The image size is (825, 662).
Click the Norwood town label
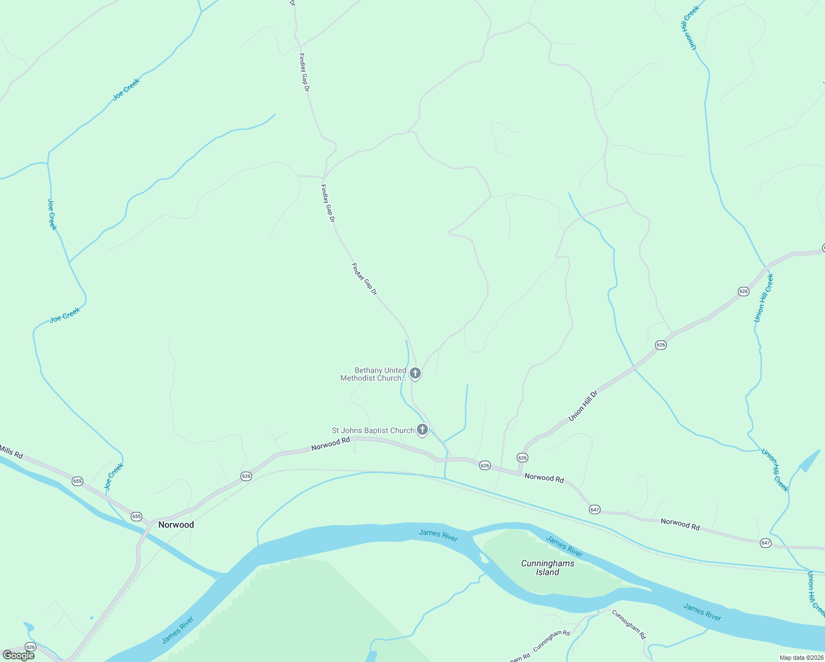(x=176, y=525)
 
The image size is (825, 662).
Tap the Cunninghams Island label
(x=548, y=568)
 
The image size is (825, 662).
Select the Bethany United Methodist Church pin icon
(x=415, y=373)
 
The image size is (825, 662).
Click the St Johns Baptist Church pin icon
(x=422, y=429)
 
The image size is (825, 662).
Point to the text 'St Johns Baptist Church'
(x=373, y=430)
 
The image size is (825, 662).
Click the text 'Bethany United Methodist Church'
(x=373, y=374)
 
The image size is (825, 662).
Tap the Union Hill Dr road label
(x=583, y=406)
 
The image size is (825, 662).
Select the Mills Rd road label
(x=11, y=452)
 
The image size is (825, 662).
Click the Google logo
(x=19, y=655)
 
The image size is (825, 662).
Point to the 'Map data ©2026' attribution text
(x=801, y=658)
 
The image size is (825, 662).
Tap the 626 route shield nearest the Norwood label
(x=246, y=476)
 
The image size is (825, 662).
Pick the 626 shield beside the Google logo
(x=30, y=647)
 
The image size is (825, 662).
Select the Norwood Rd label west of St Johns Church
(x=330, y=444)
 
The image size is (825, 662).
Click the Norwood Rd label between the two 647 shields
(x=680, y=524)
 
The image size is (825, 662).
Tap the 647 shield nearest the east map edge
(x=765, y=543)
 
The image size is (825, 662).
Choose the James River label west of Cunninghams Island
(x=438, y=535)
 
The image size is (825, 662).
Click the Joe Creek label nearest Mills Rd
(x=114, y=476)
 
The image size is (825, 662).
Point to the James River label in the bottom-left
(x=178, y=629)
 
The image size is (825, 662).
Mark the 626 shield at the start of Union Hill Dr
(x=522, y=457)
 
